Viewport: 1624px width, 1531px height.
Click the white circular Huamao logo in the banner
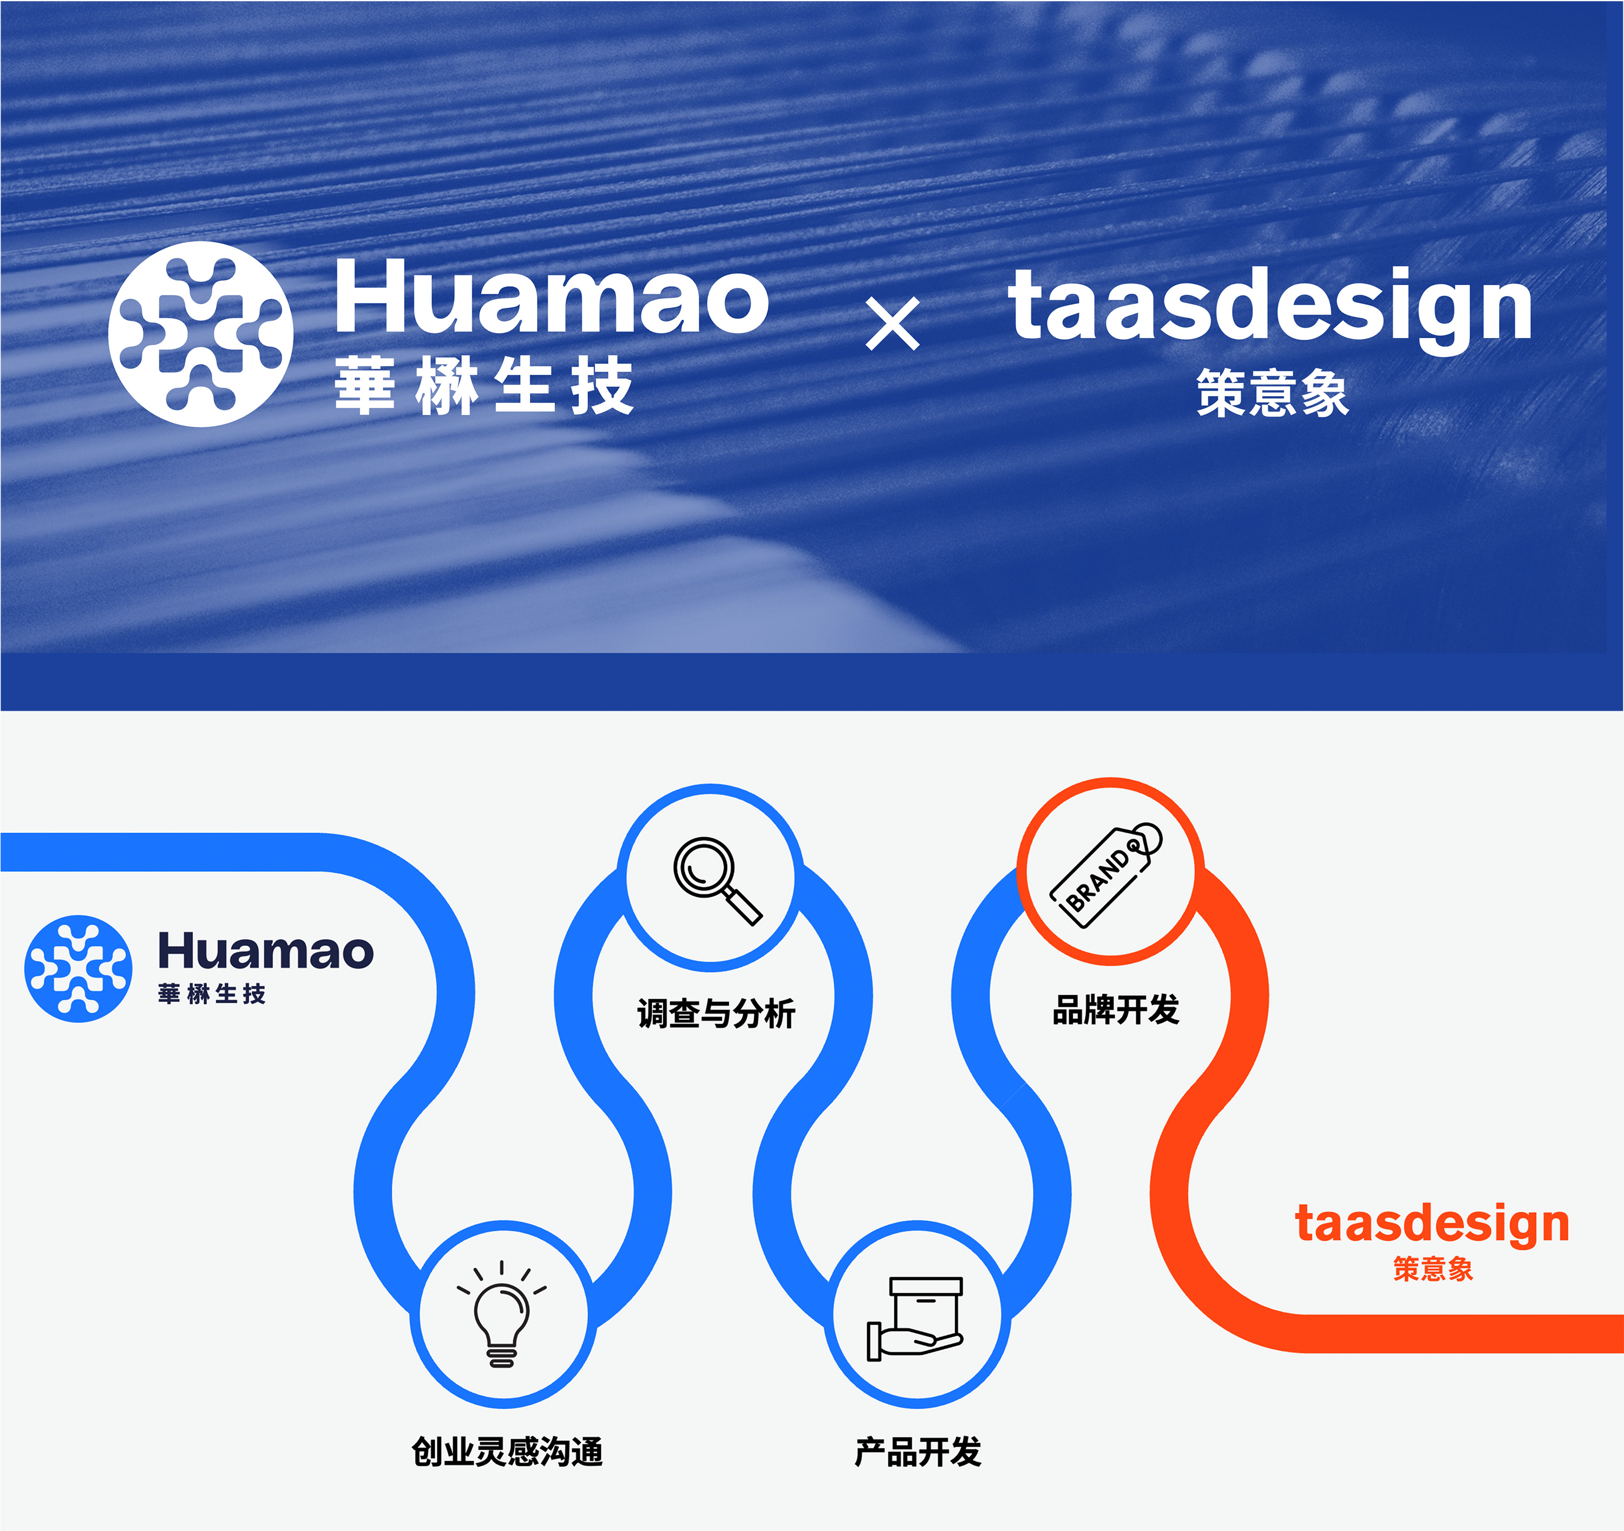pos(201,334)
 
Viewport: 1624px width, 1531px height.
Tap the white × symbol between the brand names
pos(893,324)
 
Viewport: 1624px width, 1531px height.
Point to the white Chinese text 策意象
pos(1273,393)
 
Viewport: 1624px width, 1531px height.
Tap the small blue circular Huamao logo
pos(78,968)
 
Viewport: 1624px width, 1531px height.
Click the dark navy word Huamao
pos(265,951)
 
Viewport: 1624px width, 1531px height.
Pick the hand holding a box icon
pos(915,1319)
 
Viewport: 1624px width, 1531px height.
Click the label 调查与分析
pos(716,1013)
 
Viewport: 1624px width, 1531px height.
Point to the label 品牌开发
pos(1116,1010)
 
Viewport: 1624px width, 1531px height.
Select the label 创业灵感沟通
pos(507,1451)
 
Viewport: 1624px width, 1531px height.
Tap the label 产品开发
pos(918,1451)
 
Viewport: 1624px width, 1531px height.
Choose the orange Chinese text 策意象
pos(1433,1268)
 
